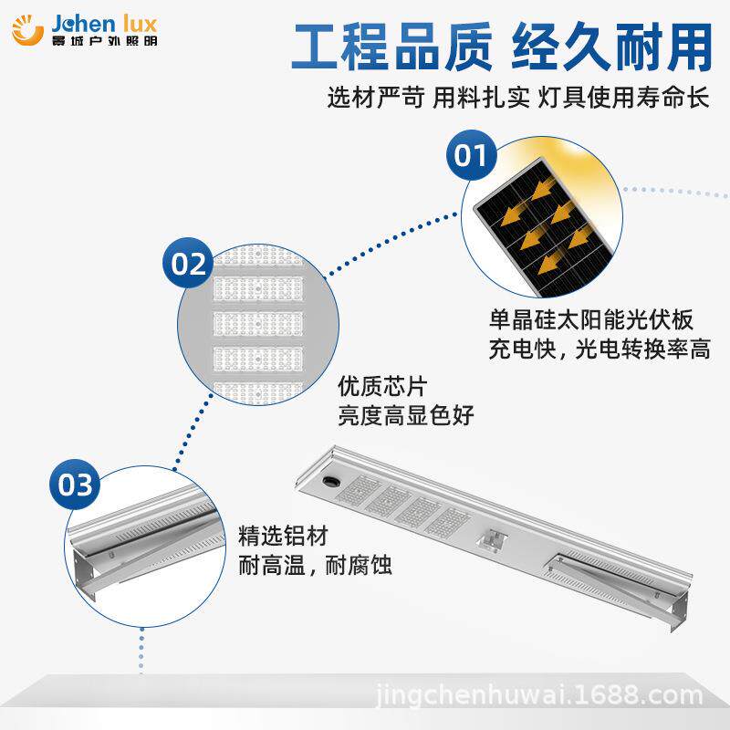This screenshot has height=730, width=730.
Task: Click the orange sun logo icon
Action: pos(27,30)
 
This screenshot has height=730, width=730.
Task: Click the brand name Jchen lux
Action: pos(104,24)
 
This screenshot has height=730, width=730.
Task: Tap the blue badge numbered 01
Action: pos(471,155)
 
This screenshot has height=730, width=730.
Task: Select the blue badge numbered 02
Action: pos(188,263)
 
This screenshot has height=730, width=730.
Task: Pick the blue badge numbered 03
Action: pos(75,485)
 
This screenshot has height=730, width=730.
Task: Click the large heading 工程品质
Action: pos(391,47)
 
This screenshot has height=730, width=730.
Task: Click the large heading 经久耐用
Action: pos(612,47)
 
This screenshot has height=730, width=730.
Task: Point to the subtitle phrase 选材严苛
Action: pos(376,98)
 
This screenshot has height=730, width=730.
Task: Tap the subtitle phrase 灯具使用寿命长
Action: pos(624,98)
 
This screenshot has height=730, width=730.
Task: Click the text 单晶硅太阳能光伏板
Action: pos(591,319)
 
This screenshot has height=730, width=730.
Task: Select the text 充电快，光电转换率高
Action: pos(600,349)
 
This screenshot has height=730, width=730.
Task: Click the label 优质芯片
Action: pos(382,386)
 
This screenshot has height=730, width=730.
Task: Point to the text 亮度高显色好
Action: pos(405,415)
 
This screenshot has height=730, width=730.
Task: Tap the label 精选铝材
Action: pos(283,536)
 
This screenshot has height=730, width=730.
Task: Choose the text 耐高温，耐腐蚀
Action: pos(315,565)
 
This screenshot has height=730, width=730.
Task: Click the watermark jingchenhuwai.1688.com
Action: pos(539,695)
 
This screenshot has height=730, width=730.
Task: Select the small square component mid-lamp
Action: pos(493,539)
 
